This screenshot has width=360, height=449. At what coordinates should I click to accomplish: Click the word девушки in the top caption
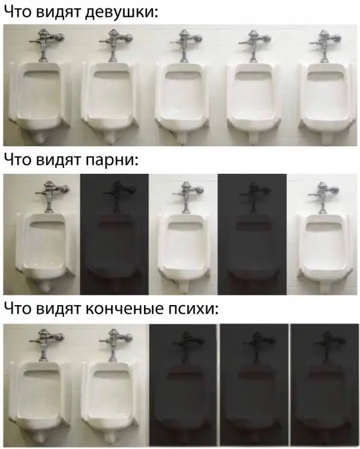pyautogui.click(x=122, y=12)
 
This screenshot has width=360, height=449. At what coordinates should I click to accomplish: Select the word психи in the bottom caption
pyautogui.click(x=193, y=309)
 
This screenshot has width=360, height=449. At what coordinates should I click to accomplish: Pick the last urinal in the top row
pyautogui.click(x=326, y=102)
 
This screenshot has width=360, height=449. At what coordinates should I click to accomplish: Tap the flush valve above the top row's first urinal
pyautogui.click(x=46, y=44)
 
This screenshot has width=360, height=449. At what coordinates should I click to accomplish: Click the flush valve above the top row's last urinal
pyautogui.click(x=325, y=45)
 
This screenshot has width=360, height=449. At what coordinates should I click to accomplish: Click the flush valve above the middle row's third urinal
pyautogui.click(x=187, y=197)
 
